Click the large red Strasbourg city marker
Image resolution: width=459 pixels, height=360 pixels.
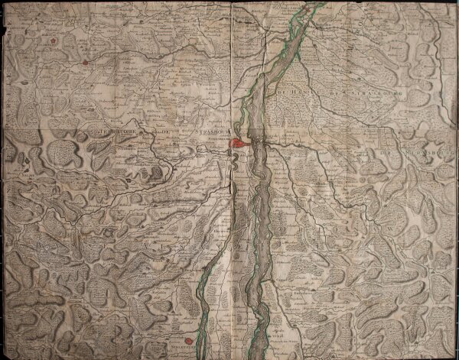pos(239,142)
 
